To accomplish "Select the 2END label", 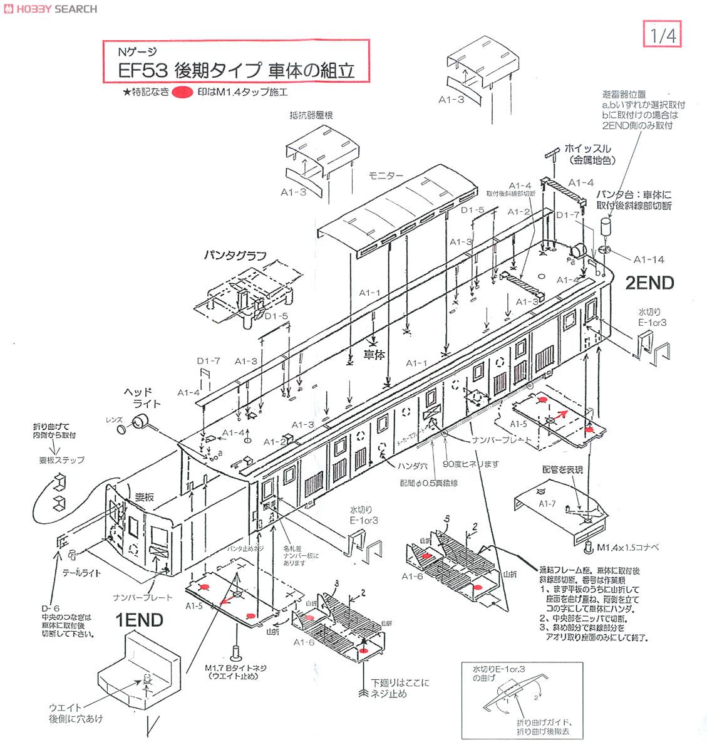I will coord(649,283).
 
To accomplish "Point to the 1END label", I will coord(139,620).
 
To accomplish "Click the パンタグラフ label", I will coord(235,256).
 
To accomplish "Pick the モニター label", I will coord(386,175).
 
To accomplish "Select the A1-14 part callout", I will coord(649,259).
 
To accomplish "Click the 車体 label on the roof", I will coord(374,354).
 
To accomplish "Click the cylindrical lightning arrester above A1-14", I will coord(606,226).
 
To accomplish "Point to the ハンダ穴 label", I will coord(413,466).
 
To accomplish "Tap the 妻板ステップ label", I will coord(61,460).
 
